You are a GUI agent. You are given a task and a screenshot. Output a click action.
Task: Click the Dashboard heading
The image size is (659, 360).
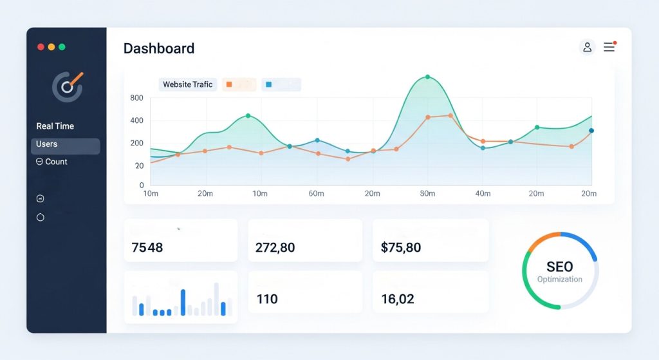158,48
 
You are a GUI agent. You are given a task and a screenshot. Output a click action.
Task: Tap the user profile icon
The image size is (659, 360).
587,47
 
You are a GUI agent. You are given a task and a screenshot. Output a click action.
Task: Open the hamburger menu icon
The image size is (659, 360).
609,47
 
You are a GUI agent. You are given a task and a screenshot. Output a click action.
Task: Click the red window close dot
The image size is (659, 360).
41,47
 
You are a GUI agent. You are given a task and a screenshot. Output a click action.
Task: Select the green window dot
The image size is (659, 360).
62,47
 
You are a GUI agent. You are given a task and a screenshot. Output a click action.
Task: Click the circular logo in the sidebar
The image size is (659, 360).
67,86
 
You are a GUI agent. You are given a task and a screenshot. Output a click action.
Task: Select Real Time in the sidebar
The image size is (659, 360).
55,126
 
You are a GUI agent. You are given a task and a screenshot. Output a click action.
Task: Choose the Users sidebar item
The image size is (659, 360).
47,144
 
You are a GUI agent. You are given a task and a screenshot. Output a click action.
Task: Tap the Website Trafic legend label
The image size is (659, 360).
187,84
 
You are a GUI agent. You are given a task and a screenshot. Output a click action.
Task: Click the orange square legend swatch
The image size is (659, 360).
228,84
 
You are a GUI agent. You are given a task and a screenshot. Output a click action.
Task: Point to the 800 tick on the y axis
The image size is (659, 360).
136,98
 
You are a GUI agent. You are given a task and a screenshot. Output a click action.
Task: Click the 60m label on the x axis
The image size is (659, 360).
316,193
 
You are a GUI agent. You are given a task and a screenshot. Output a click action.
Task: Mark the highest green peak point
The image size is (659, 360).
427,77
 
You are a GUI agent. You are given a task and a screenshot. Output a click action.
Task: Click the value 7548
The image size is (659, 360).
147,247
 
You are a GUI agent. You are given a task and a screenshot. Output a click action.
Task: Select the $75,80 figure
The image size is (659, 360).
400,247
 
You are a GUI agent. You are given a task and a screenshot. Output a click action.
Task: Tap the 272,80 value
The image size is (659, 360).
275,247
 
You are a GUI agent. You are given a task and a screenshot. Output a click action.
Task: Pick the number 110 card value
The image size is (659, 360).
267,299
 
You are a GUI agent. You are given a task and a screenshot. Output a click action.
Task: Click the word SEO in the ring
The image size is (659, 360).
559,267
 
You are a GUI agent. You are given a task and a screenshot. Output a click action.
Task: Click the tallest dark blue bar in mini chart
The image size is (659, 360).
183,302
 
